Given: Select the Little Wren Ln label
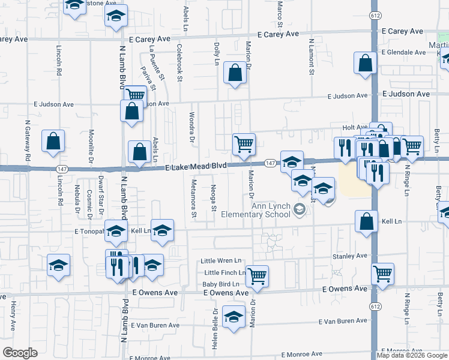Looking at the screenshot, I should [221, 261].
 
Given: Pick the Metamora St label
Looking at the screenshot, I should [194, 197].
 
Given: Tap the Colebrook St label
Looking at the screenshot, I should [179, 61].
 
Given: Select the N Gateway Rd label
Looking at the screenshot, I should [28, 140].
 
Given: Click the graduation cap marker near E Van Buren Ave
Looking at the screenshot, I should [234, 316].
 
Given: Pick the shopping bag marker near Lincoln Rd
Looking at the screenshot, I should [53, 140].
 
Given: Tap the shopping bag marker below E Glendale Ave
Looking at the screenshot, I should [366, 64].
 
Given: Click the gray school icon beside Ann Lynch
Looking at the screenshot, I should [299, 209].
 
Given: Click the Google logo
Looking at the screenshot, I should [20, 353].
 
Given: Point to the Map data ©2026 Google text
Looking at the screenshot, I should [412, 355].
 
